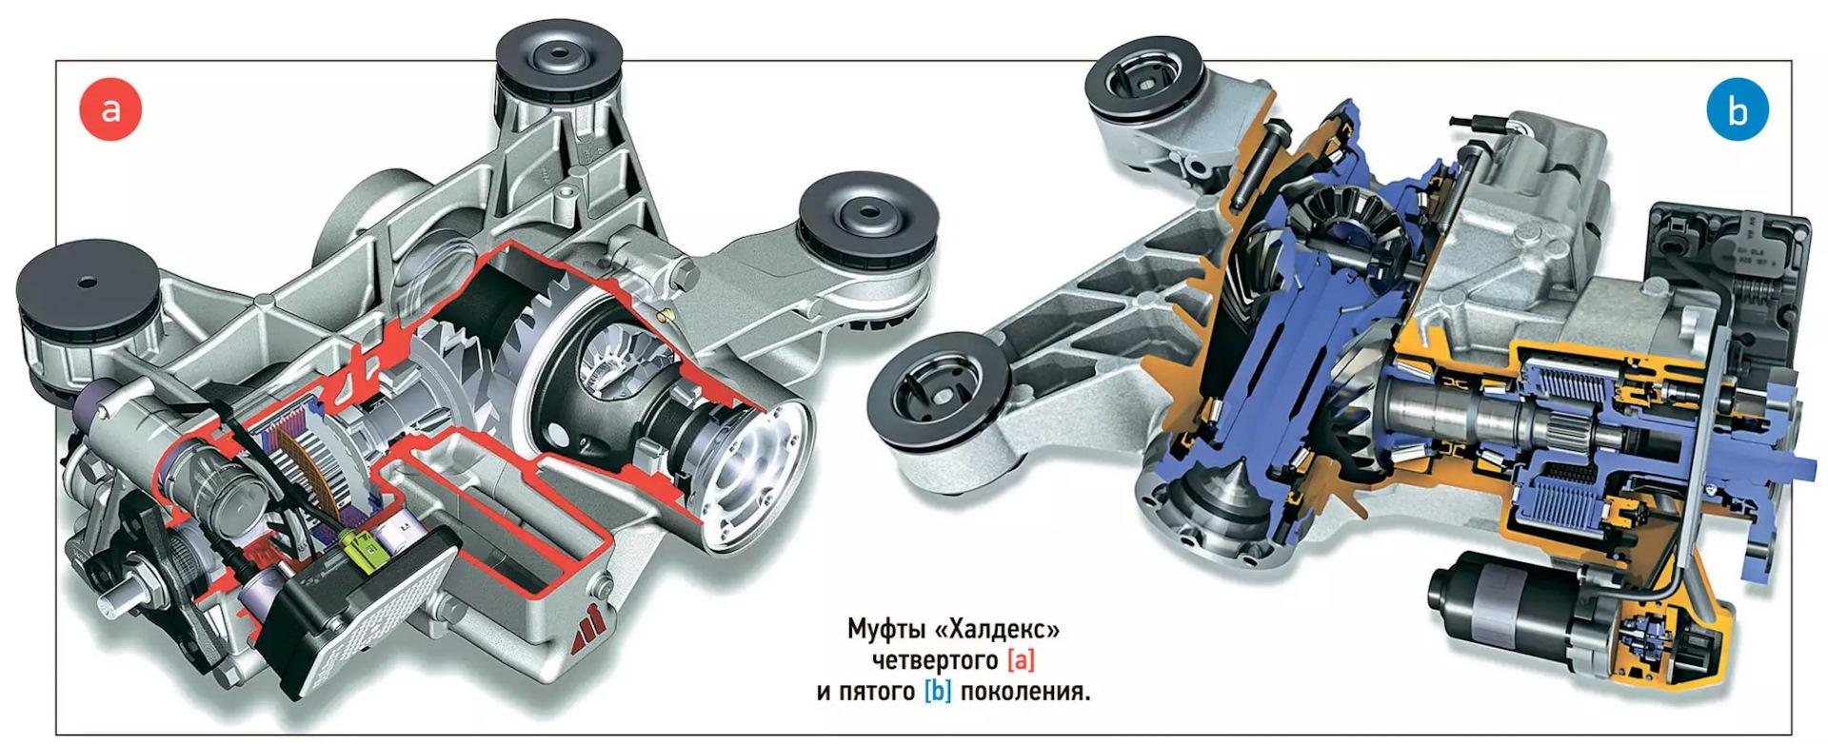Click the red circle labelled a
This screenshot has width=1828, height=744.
[x=110, y=108]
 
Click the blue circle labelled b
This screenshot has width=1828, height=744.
[x=1737, y=110]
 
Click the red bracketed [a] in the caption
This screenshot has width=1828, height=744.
[x=1021, y=660]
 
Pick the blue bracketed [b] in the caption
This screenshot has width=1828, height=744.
[x=938, y=691]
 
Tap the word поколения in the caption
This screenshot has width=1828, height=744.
[x=1024, y=692]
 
